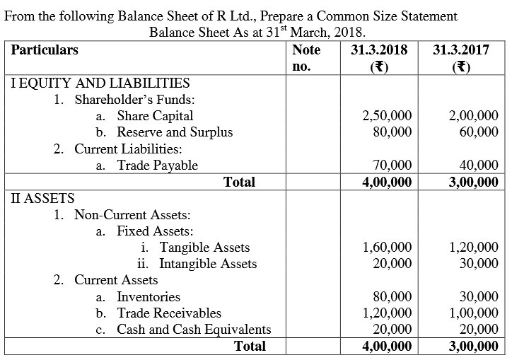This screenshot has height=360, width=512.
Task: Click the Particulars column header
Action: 44,50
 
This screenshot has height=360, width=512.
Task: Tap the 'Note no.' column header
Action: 306,58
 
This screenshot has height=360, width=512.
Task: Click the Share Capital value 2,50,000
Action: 387,116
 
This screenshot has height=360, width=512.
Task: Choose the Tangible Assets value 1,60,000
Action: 387,248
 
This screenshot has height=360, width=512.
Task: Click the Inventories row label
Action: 148,297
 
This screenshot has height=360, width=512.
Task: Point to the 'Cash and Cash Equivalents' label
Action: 194,330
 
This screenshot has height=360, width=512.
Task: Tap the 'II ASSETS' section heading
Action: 43,199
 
